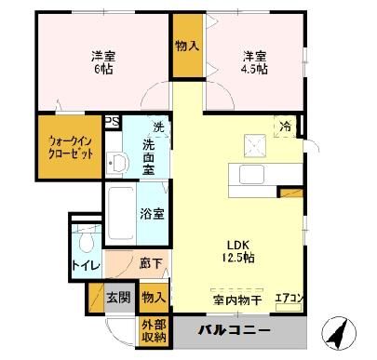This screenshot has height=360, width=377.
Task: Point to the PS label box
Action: [112, 121]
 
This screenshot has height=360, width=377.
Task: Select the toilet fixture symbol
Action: [86, 244]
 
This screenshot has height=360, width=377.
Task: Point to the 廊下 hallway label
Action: [148, 265]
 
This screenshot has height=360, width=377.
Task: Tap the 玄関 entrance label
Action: [117, 299]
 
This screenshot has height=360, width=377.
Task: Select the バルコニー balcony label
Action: [234, 331]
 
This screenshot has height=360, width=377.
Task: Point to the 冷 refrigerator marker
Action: [281, 126]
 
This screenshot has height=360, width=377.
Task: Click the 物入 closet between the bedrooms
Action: [187, 45]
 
